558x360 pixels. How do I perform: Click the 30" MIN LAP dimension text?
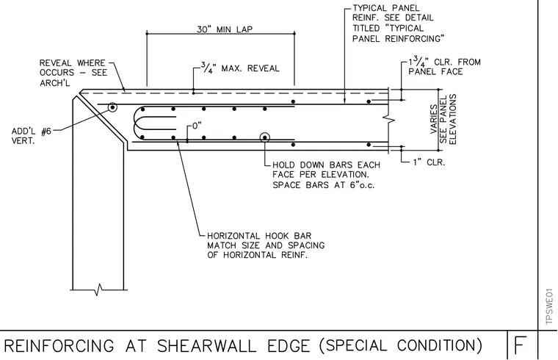click(225, 29)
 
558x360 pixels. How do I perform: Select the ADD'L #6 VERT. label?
click(32, 136)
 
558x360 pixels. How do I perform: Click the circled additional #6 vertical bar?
click(112, 107)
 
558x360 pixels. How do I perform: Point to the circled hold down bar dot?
click(264, 137)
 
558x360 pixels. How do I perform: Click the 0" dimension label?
click(197, 126)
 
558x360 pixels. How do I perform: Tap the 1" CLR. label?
click(429, 162)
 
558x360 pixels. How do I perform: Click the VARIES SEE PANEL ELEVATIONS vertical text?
click(443, 119)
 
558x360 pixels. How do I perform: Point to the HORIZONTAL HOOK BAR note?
click(266, 245)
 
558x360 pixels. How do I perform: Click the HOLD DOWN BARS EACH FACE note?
click(326, 175)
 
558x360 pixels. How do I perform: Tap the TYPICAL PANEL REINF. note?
click(399, 24)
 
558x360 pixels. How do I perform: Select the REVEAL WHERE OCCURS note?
click(73, 73)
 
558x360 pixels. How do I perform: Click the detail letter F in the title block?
click(519, 345)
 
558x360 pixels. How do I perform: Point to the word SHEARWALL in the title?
click(207, 346)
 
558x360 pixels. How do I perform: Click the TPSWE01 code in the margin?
click(549, 306)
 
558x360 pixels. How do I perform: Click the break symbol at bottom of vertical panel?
click(98, 289)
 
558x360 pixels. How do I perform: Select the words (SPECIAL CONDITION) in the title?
click(400, 345)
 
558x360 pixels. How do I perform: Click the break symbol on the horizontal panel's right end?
click(390, 120)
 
